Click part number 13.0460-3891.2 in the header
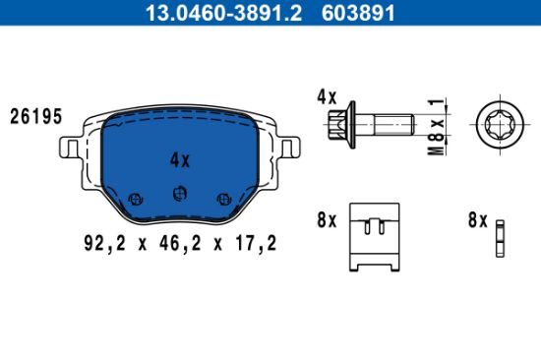coord(223,13)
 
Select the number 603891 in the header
coord(358,13)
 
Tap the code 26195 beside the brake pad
coord(35,116)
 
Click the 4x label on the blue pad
coord(180,160)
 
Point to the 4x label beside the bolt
coord(327,97)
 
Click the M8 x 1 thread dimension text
coord(437,127)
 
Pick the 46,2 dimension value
coord(180,243)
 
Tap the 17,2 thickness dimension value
coord(256,243)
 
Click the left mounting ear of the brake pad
coord(70,148)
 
